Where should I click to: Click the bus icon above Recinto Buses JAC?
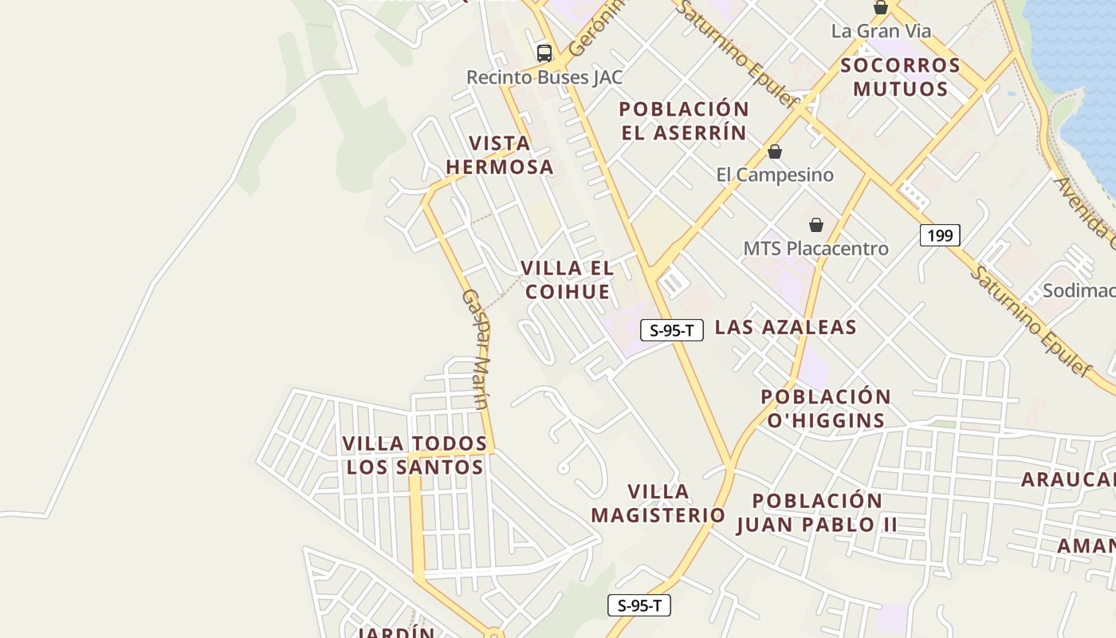[x=544, y=53]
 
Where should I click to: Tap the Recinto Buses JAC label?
[x=544, y=77]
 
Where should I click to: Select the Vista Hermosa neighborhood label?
[x=500, y=155]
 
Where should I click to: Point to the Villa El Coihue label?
[x=568, y=280]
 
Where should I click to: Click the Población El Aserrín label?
[x=684, y=120]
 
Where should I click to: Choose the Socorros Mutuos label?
[x=900, y=77]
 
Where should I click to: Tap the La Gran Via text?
[x=881, y=31]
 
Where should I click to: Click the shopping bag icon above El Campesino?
[x=775, y=152]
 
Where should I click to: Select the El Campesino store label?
[x=775, y=175]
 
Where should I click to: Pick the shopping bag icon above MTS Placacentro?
[x=816, y=225]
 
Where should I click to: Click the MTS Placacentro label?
[x=815, y=249]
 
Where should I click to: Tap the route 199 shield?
[x=940, y=235]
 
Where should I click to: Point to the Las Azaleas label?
[x=785, y=327]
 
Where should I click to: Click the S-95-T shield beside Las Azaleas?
[x=672, y=330]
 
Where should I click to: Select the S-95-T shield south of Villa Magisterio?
[x=639, y=605]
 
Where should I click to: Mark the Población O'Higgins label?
[x=826, y=408]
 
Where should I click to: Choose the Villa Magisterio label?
[x=658, y=503]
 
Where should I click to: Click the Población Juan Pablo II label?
[x=817, y=513]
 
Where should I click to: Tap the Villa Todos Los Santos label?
[x=415, y=455]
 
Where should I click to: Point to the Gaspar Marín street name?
[x=476, y=349]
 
